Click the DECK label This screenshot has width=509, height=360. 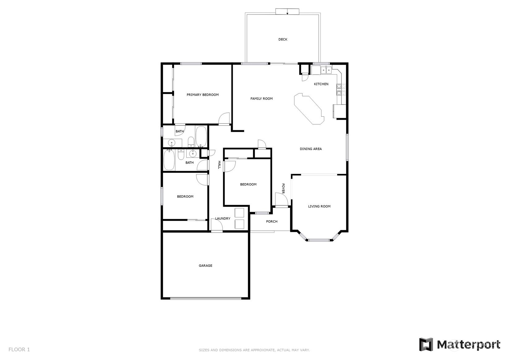[x=283, y=39]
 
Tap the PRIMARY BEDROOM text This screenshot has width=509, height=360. [x=202, y=95]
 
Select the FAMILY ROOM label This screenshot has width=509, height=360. [x=261, y=98]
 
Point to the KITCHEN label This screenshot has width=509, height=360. [x=321, y=84]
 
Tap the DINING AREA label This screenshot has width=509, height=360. [x=311, y=149]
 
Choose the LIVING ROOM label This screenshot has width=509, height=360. [x=319, y=206]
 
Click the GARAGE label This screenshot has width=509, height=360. [x=206, y=265]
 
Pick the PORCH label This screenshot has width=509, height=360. [x=272, y=221]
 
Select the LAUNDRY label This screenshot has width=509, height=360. [x=223, y=218]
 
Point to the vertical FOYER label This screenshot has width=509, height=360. [x=283, y=188]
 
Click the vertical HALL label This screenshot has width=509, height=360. [x=219, y=165]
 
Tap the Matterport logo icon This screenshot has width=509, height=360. [x=426, y=345]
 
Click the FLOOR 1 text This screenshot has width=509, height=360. [x=19, y=349]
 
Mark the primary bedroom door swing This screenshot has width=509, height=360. [x=224, y=119]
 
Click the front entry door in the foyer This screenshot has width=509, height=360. [x=282, y=200]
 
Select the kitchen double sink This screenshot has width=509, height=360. [x=326, y=70]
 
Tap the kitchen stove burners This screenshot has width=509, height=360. [x=341, y=89]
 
